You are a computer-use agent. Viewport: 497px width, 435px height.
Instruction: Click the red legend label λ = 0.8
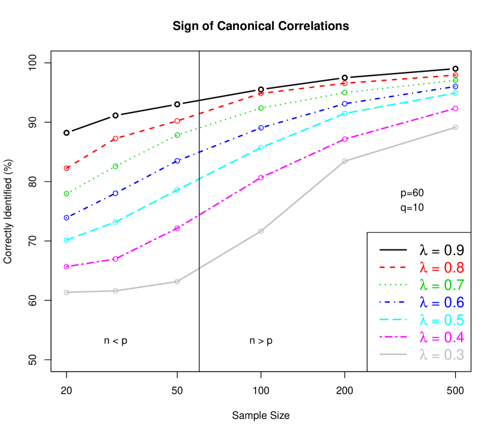(x=441, y=267)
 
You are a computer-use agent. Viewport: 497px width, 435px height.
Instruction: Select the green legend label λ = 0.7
(x=441, y=285)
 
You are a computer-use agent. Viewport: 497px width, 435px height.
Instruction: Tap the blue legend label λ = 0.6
(x=441, y=302)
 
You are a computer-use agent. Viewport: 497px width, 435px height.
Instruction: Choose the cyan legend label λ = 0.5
(x=441, y=320)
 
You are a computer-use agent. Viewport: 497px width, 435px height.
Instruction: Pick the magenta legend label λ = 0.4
(x=441, y=337)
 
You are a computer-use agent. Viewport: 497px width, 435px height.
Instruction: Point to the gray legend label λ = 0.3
(x=441, y=355)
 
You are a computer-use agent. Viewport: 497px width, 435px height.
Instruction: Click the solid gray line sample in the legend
(x=393, y=355)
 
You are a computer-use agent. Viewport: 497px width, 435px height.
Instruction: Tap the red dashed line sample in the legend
(x=393, y=267)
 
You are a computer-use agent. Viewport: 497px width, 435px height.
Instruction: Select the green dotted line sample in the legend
(x=393, y=285)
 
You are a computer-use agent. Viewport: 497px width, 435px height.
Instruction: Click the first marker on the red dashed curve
(x=66, y=168)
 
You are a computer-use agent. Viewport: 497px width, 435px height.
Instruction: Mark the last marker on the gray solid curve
(x=456, y=127)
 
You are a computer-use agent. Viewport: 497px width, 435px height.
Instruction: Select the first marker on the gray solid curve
(x=66, y=292)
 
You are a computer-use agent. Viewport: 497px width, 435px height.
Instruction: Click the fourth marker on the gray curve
(x=261, y=231)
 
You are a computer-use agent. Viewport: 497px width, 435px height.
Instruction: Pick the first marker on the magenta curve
(x=66, y=266)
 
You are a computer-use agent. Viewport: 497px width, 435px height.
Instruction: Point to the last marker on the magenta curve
(x=456, y=108)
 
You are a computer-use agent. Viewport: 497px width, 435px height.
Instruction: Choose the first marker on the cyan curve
(x=66, y=240)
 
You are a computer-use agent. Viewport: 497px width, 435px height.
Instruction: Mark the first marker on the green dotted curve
(x=66, y=193)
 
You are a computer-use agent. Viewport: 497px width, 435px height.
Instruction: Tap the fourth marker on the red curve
(x=261, y=93)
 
